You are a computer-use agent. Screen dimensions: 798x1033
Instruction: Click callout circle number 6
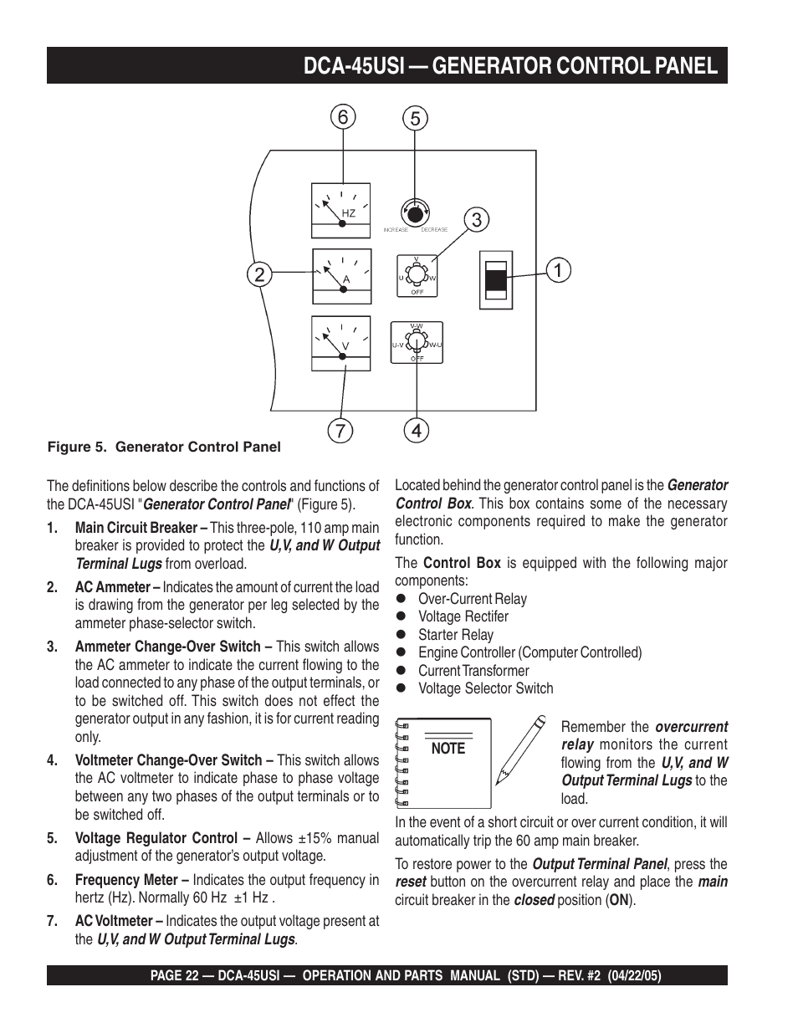(342, 118)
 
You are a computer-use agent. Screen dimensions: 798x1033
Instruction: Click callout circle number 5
(414, 118)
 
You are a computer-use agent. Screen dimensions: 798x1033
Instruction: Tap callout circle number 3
(476, 220)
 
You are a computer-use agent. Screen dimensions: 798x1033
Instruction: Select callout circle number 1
(558, 270)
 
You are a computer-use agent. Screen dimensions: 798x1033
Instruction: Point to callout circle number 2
(259, 274)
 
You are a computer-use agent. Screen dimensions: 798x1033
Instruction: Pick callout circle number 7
(341, 431)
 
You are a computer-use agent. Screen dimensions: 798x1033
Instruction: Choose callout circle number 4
(416, 431)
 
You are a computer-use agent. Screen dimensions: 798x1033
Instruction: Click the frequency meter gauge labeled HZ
(340, 211)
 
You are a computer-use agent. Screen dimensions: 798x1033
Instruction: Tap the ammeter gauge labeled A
(340, 277)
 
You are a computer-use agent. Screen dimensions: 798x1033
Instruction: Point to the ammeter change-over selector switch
(417, 275)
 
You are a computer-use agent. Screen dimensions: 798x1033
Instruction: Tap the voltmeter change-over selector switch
(417, 342)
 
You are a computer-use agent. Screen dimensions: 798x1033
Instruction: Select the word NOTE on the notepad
(448, 749)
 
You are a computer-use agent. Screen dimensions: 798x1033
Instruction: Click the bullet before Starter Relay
(401, 635)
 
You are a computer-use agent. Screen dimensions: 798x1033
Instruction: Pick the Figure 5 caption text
(164, 447)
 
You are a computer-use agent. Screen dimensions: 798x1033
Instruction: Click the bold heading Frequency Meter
(126, 880)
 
